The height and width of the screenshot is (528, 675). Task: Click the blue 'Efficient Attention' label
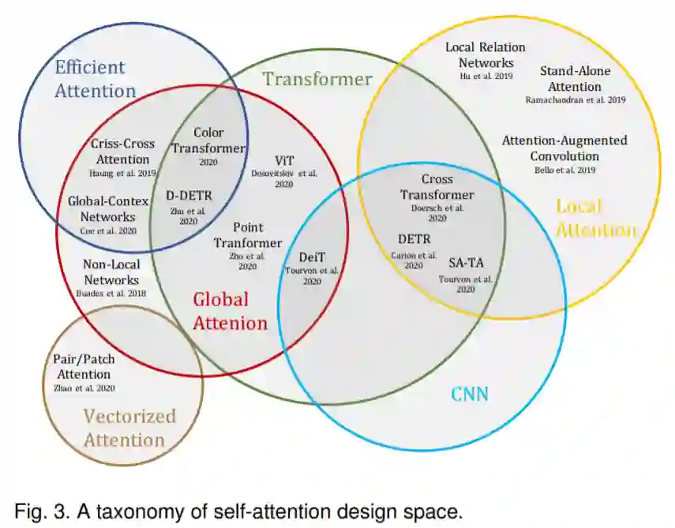[x=95, y=79]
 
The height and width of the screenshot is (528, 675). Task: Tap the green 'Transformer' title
[x=317, y=79]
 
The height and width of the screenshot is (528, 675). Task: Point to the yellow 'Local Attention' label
[x=596, y=218]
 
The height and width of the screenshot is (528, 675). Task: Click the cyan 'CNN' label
[x=470, y=393]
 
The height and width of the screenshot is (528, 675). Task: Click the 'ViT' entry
[x=284, y=159]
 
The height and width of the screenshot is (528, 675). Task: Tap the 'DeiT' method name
[x=312, y=257]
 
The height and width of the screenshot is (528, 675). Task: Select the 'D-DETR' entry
[x=189, y=196]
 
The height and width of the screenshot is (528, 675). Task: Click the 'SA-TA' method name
[x=466, y=263]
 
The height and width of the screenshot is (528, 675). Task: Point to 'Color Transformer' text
[x=208, y=140]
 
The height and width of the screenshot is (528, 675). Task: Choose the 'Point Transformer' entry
[x=247, y=235]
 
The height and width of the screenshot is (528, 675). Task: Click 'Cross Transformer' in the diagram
[x=437, y=187]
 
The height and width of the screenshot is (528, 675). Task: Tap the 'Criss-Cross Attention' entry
[x=122, y=152]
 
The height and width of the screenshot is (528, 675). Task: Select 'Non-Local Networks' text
[x=111, y=271]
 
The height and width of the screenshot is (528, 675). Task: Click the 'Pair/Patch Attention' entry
[x=84, y=366]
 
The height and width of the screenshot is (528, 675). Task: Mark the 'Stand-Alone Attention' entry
[x=575, y=79]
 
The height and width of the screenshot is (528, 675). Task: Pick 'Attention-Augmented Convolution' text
[x=564, y=148]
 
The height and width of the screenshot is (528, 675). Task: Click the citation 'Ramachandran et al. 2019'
[x=575, y=100]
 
